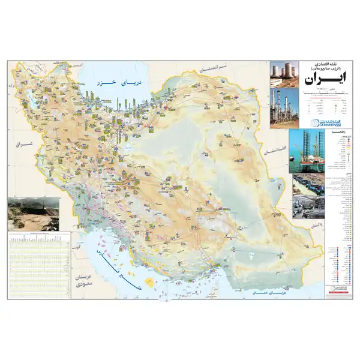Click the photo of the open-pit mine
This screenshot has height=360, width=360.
pos(33,214)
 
